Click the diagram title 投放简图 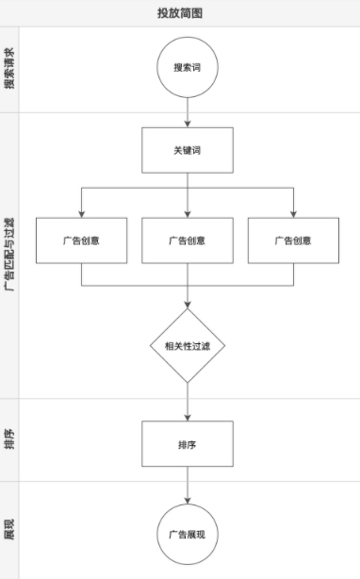tap(180, 13)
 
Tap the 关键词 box tap(188, 151)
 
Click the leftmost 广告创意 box tap(82, 240)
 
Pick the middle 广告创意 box tap(188, 240)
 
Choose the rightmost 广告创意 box tap(293, 240)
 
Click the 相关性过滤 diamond tap(188, 345)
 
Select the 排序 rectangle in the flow tap(188, 443)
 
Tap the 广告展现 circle tap(188, 534)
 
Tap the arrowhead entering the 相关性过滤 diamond tap(188, 303)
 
